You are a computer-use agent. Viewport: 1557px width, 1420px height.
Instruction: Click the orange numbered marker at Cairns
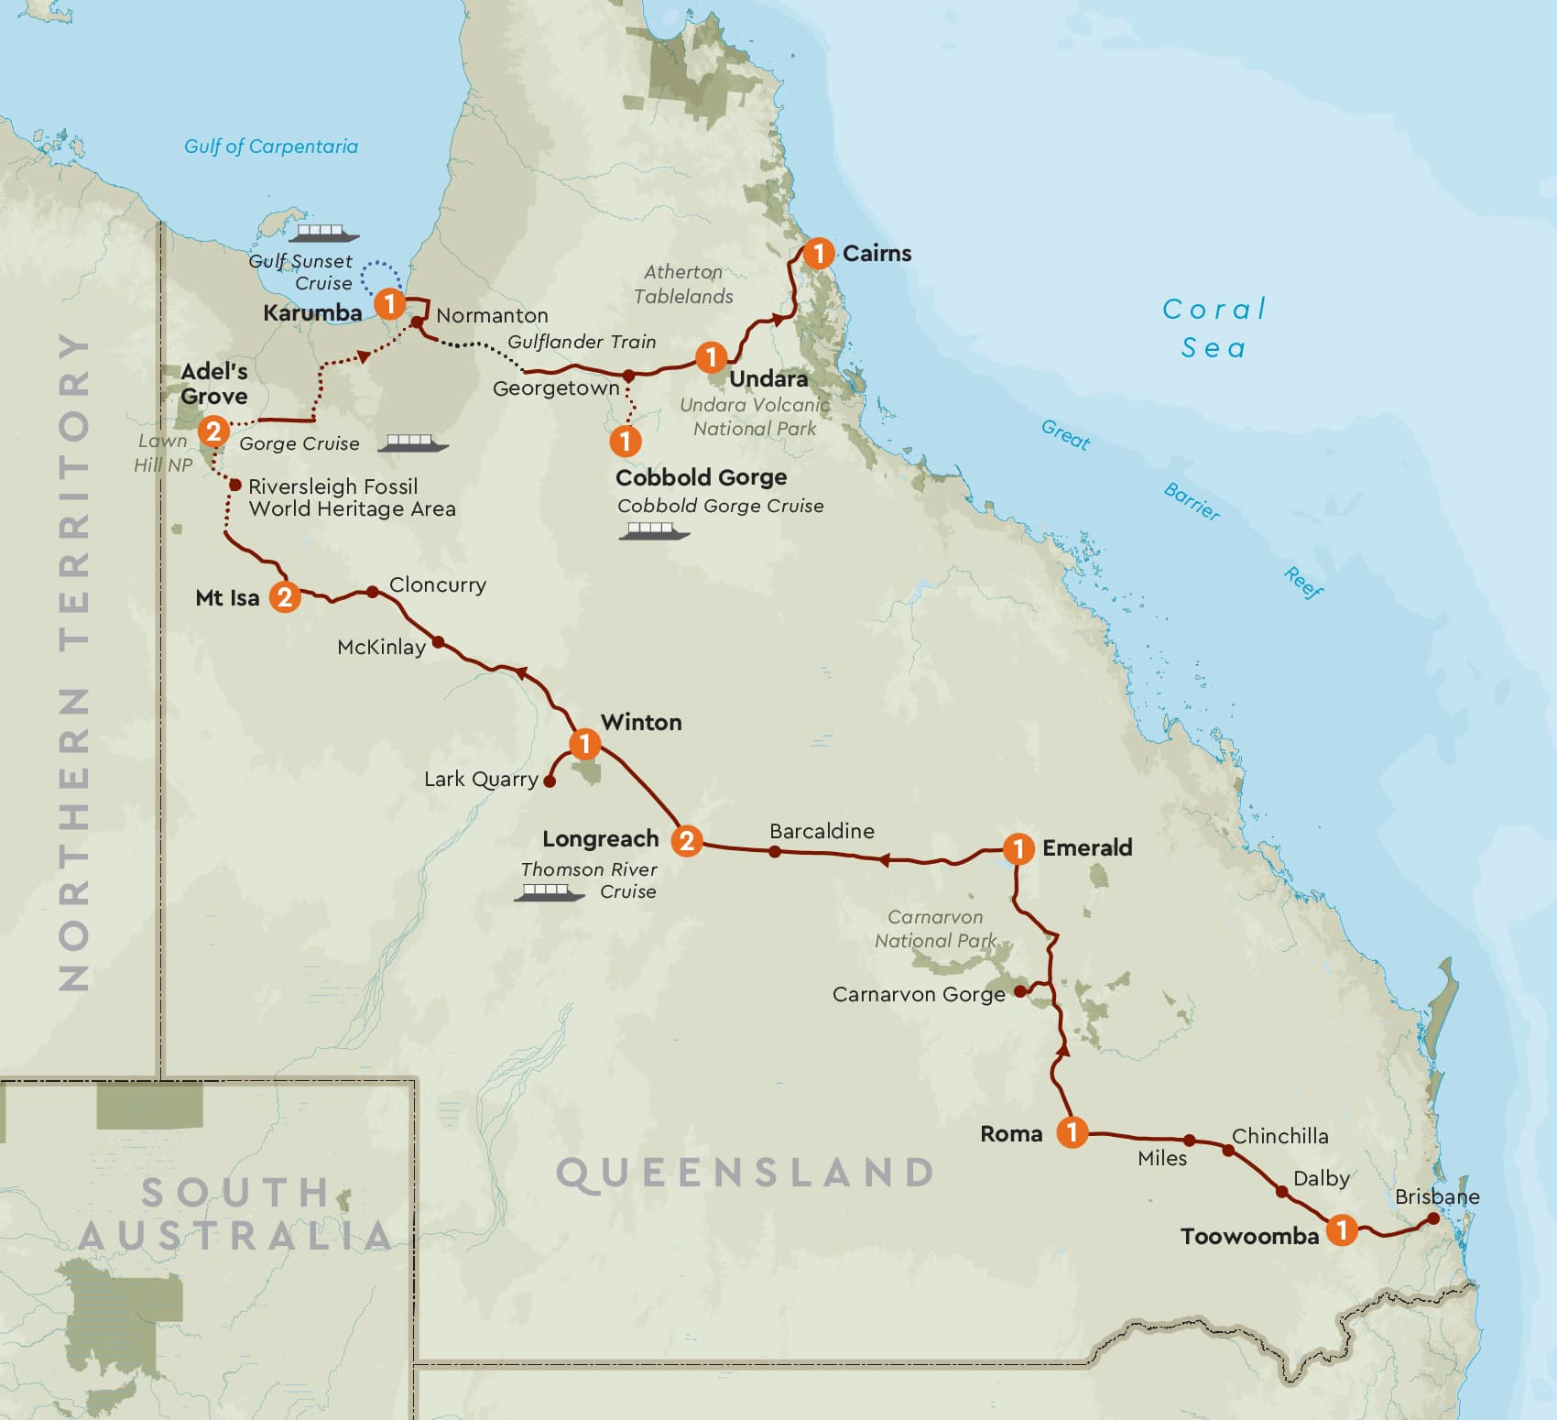(818, 253)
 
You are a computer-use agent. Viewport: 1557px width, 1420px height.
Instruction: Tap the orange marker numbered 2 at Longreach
(686, 840)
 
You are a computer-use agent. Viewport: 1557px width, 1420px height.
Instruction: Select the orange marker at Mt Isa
(285, 597)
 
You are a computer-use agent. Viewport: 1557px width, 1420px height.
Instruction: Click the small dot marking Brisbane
(1433, 1218)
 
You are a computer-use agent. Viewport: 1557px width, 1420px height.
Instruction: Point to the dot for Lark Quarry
(550, 781)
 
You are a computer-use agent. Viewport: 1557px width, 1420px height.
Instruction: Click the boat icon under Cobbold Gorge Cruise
(654, 531)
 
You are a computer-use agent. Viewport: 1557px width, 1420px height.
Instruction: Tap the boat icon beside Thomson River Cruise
(549, 892)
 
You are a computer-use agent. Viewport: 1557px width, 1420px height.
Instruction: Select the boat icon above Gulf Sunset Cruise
(323, 234)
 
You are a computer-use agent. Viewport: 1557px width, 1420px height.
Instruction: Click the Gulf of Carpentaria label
(271, 147)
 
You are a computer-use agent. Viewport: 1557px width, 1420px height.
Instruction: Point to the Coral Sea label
(1214, 328)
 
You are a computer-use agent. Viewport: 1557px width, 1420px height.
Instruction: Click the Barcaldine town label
(822, 831)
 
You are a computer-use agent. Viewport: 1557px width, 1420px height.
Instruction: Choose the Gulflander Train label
(582, 342)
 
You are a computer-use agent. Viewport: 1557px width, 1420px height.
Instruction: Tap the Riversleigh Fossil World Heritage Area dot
(235, 485)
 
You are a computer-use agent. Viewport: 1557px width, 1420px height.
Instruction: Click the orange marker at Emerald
(1018, 848)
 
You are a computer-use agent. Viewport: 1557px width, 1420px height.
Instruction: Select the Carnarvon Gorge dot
(1020, 991)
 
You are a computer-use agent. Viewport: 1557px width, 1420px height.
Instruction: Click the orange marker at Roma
(1072, 1132)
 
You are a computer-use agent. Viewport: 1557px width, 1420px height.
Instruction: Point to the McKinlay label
(381, 648)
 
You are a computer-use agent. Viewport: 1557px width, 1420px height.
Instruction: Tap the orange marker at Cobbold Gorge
(626, 441)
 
